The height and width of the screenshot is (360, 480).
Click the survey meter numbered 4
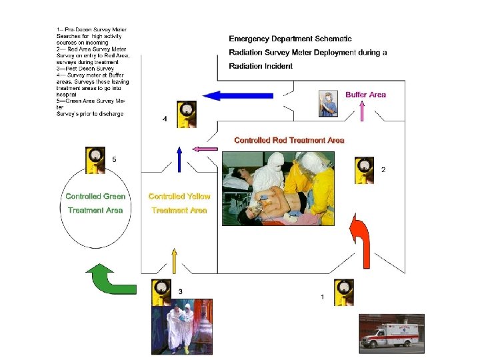tap(186, 114)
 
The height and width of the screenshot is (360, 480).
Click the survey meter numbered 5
tap(96, 161)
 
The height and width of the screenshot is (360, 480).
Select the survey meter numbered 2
tap(364, 170)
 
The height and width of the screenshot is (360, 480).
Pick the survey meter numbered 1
tap(345, 293)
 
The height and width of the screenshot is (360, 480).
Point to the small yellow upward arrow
tap(175, 261)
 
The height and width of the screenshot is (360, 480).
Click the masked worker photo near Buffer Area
tap(327, 103)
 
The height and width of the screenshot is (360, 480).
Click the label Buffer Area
tap(365, 95)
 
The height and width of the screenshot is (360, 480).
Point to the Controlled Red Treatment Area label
tap(289, 140)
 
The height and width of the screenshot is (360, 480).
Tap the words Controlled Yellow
tap(179, 197)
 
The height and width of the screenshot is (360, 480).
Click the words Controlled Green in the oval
tap(95, 197)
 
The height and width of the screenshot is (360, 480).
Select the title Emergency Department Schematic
tap(290, 39)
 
